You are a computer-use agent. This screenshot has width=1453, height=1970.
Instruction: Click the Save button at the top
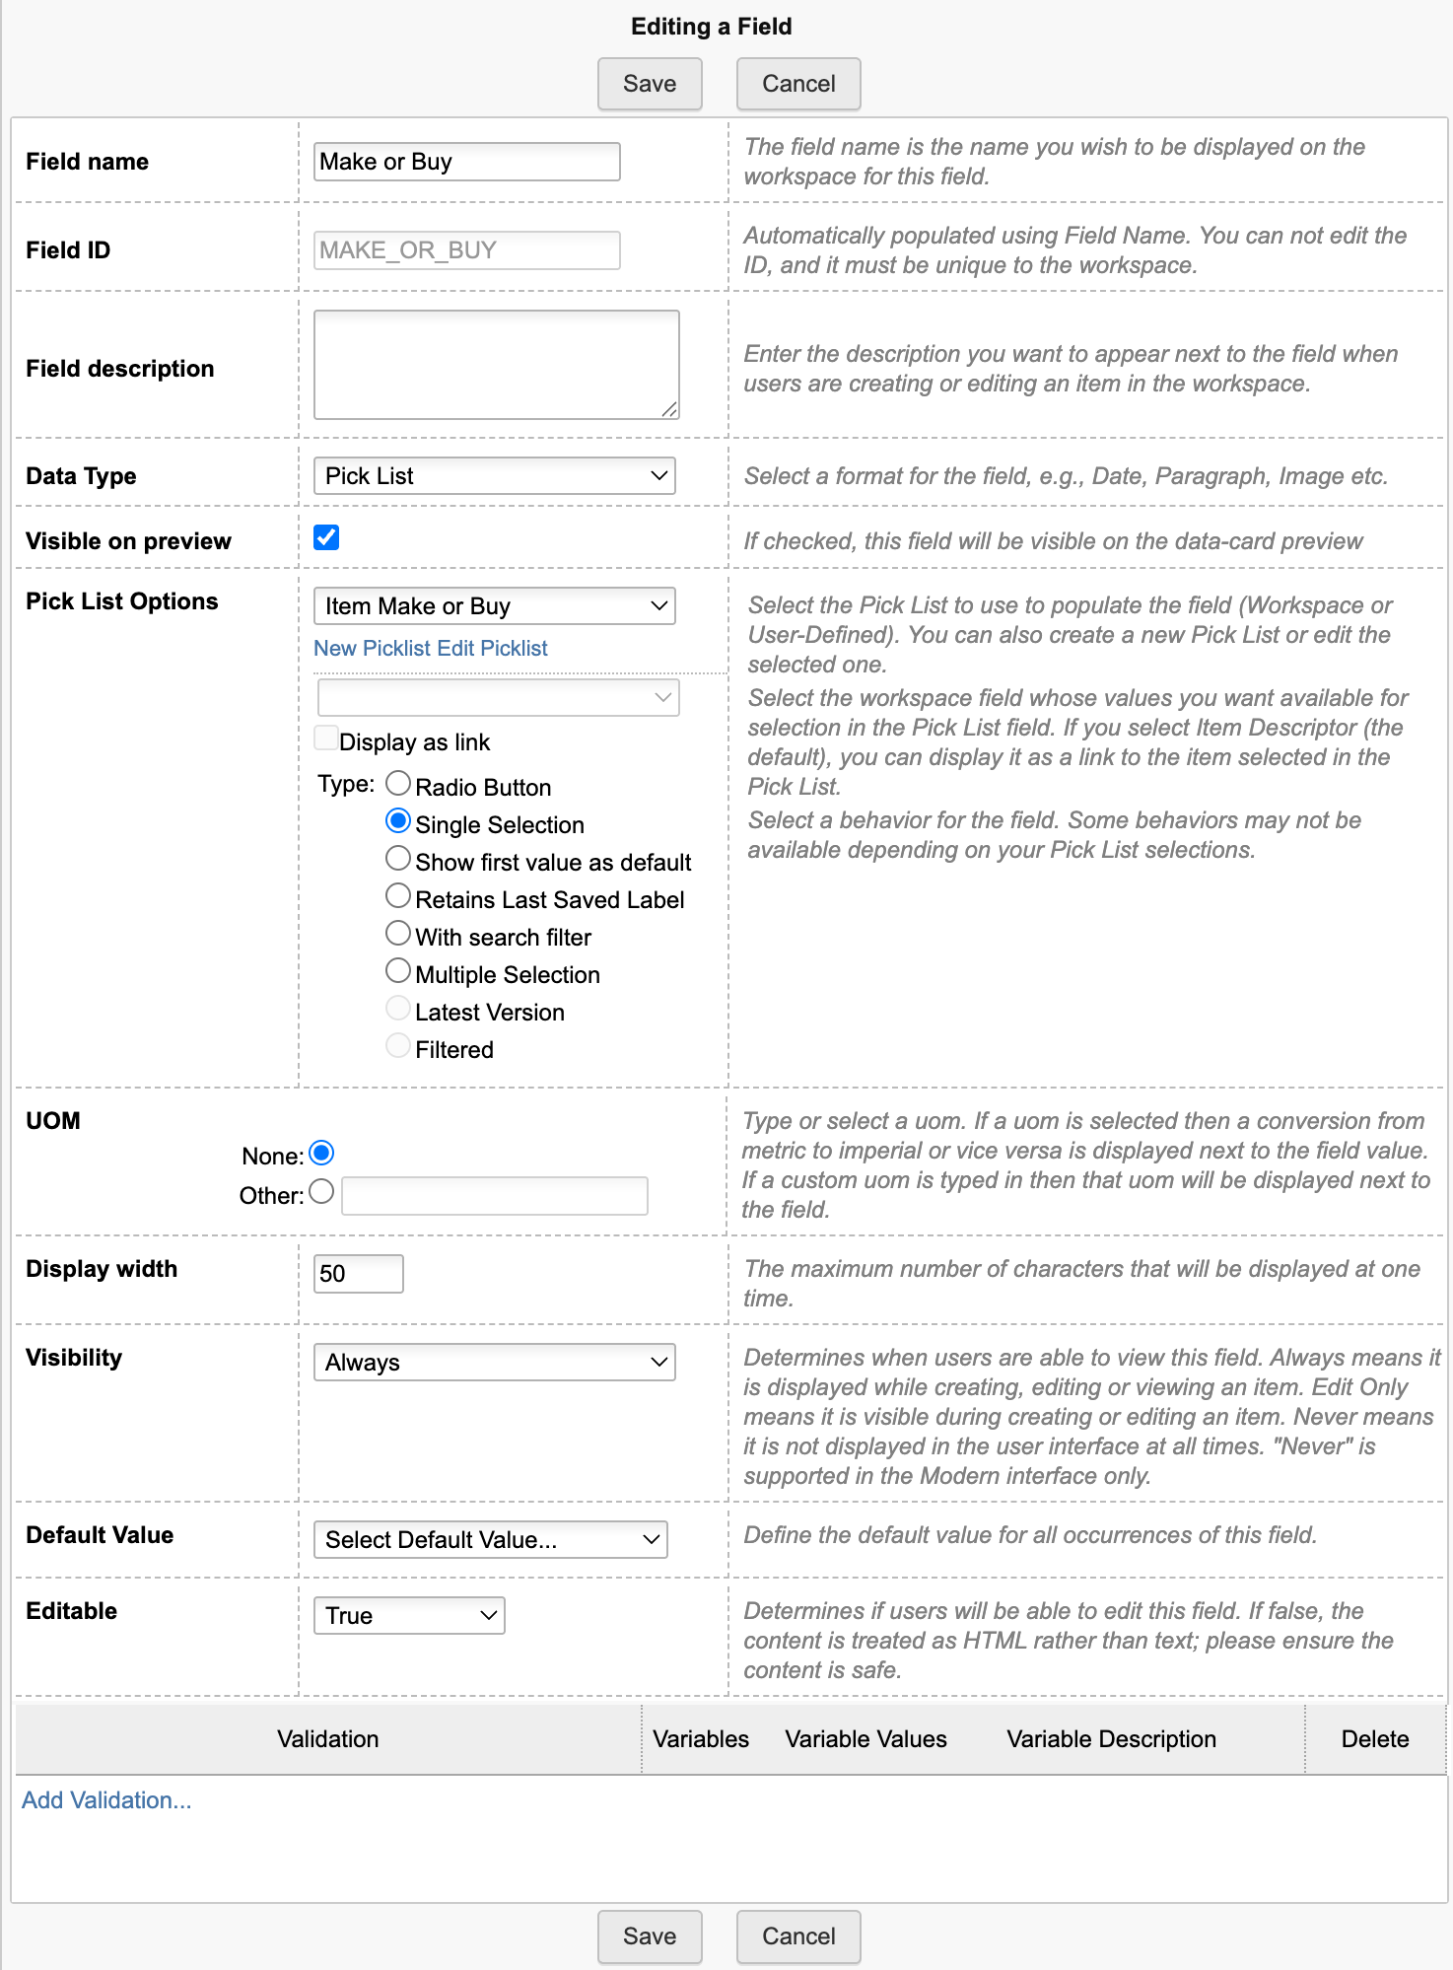coord(650,84)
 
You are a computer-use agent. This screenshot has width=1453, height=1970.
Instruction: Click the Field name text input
coord(466,162)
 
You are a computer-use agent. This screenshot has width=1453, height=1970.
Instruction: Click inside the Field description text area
coord(496,365)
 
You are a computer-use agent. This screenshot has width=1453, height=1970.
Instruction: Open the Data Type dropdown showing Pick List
coord(494,476)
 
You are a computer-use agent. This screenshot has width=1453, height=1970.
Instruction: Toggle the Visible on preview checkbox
coord(326,537)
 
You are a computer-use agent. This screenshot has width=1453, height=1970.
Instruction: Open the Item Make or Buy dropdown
coord(494,606)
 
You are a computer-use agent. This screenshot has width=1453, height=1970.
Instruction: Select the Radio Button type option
coord(398,784)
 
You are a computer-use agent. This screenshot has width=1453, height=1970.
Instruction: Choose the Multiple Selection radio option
coord(398,971)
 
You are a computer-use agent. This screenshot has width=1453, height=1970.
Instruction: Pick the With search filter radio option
coord(398,934)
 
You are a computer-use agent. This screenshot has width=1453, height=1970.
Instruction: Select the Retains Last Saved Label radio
coord(398,896)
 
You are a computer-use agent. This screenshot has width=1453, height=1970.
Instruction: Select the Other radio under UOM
coord(321,1192)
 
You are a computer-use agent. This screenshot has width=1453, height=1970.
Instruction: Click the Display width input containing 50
coord(358,1274)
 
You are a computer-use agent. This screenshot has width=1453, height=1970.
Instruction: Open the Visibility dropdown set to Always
coord(494,1363)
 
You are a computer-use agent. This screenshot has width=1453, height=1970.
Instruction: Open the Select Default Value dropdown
coord(490,1540)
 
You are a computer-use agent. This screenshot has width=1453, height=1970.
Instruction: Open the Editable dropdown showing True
coord(409,1616)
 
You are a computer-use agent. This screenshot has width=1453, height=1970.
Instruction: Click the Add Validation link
coord(106,1800)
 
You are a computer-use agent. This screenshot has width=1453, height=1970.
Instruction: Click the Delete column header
coord(1374,1739)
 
